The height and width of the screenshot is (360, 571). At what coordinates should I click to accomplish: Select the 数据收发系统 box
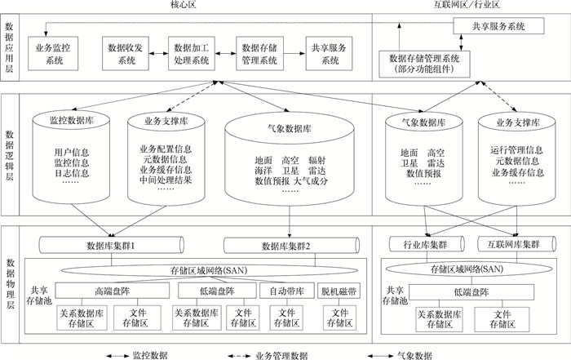(x=122, y=54)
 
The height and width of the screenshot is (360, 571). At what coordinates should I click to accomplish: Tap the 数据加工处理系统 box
(x=193, y=54)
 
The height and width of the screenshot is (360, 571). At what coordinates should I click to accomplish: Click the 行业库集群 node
(x=424, y=243)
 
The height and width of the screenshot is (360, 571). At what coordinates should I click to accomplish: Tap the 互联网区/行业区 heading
(x=467, y=7)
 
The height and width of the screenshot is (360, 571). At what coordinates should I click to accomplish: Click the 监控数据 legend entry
(x=139, y=354)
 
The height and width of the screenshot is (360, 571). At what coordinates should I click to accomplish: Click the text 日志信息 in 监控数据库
(x=71, y=171)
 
